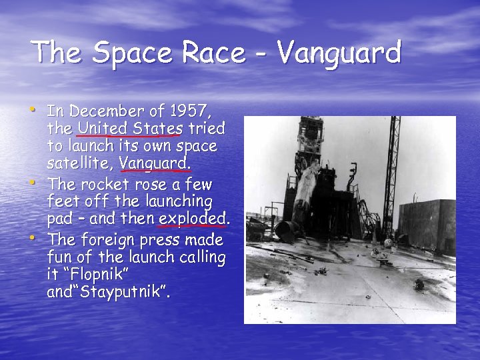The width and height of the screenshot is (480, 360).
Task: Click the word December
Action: click(105, 110)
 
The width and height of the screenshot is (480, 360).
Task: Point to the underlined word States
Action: click(159, 127)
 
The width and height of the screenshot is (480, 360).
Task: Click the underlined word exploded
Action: click(193, 218)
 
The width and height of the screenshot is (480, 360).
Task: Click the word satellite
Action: click(79, 163)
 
